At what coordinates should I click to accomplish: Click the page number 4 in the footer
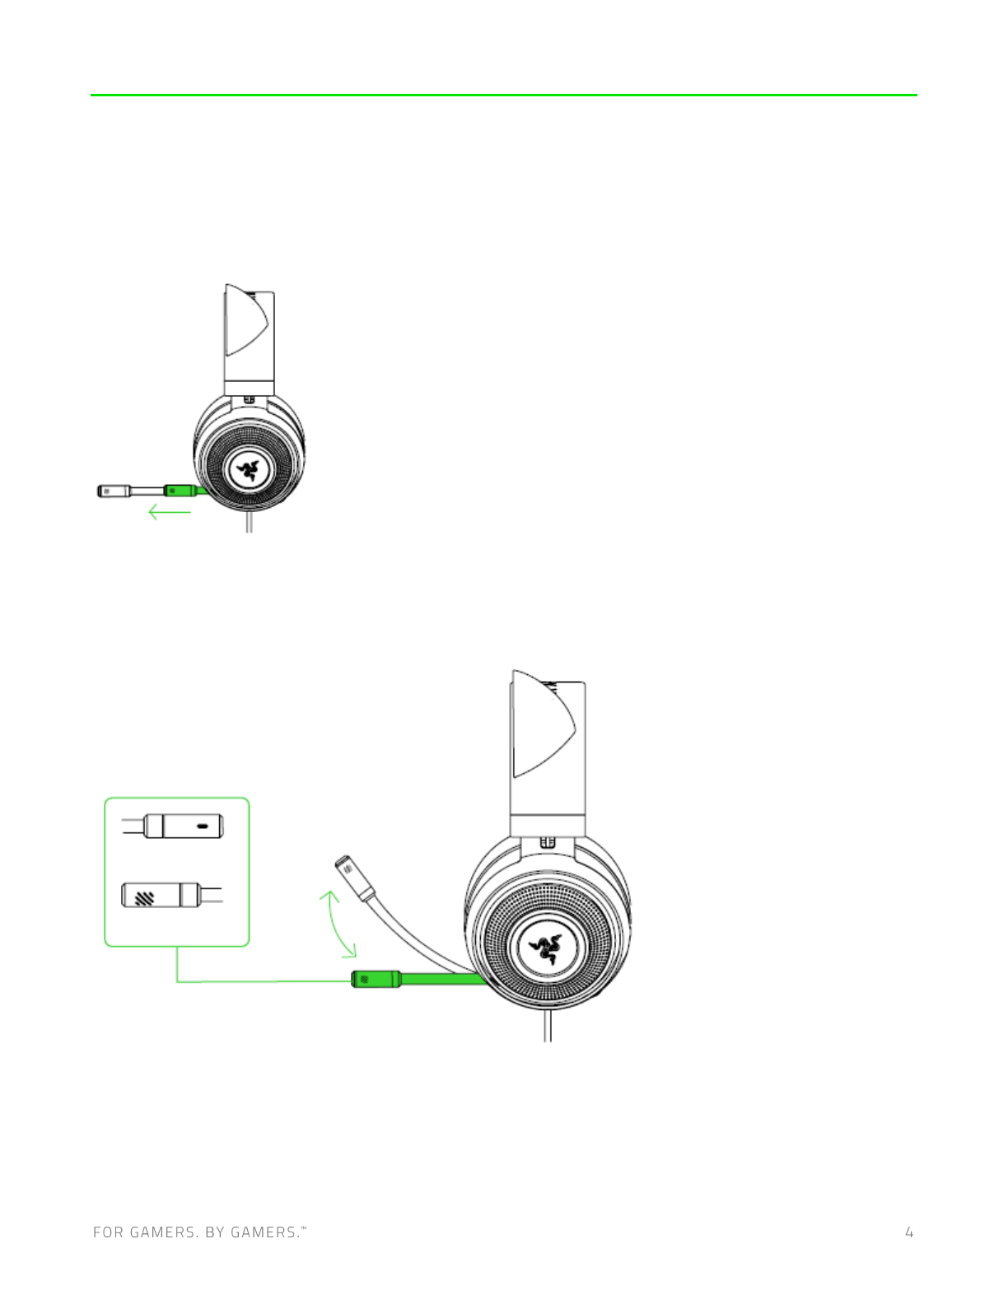pyautogui.click(x=909, y=1232)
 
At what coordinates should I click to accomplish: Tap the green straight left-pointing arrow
pyautogui.click(x=170, y=513)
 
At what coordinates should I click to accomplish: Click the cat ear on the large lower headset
pyautogui.click(x=542, y=723)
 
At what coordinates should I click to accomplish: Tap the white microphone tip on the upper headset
pyautogui.click(x=114, y=491)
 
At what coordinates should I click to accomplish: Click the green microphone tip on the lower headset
pyautogui.click(x=376, y=979)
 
